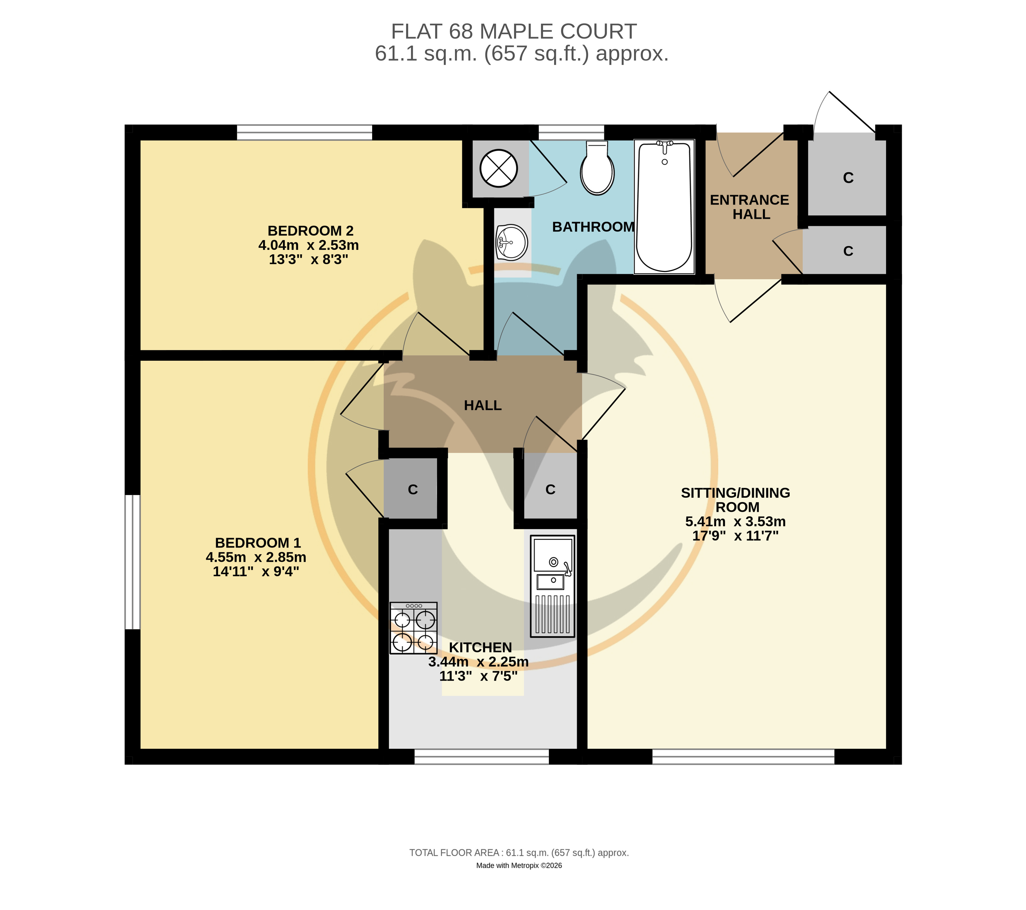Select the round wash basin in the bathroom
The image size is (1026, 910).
(511, 243)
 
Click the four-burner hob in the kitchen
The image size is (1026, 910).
(414, 628)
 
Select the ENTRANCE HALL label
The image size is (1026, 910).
(750, 207)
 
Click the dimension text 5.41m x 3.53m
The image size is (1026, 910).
(735, 521)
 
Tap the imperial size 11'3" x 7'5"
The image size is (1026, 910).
(478, 676)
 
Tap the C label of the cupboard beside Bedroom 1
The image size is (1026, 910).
(413, 490)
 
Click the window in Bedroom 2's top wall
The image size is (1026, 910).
(304, 133)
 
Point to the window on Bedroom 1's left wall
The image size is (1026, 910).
(133, 562)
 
